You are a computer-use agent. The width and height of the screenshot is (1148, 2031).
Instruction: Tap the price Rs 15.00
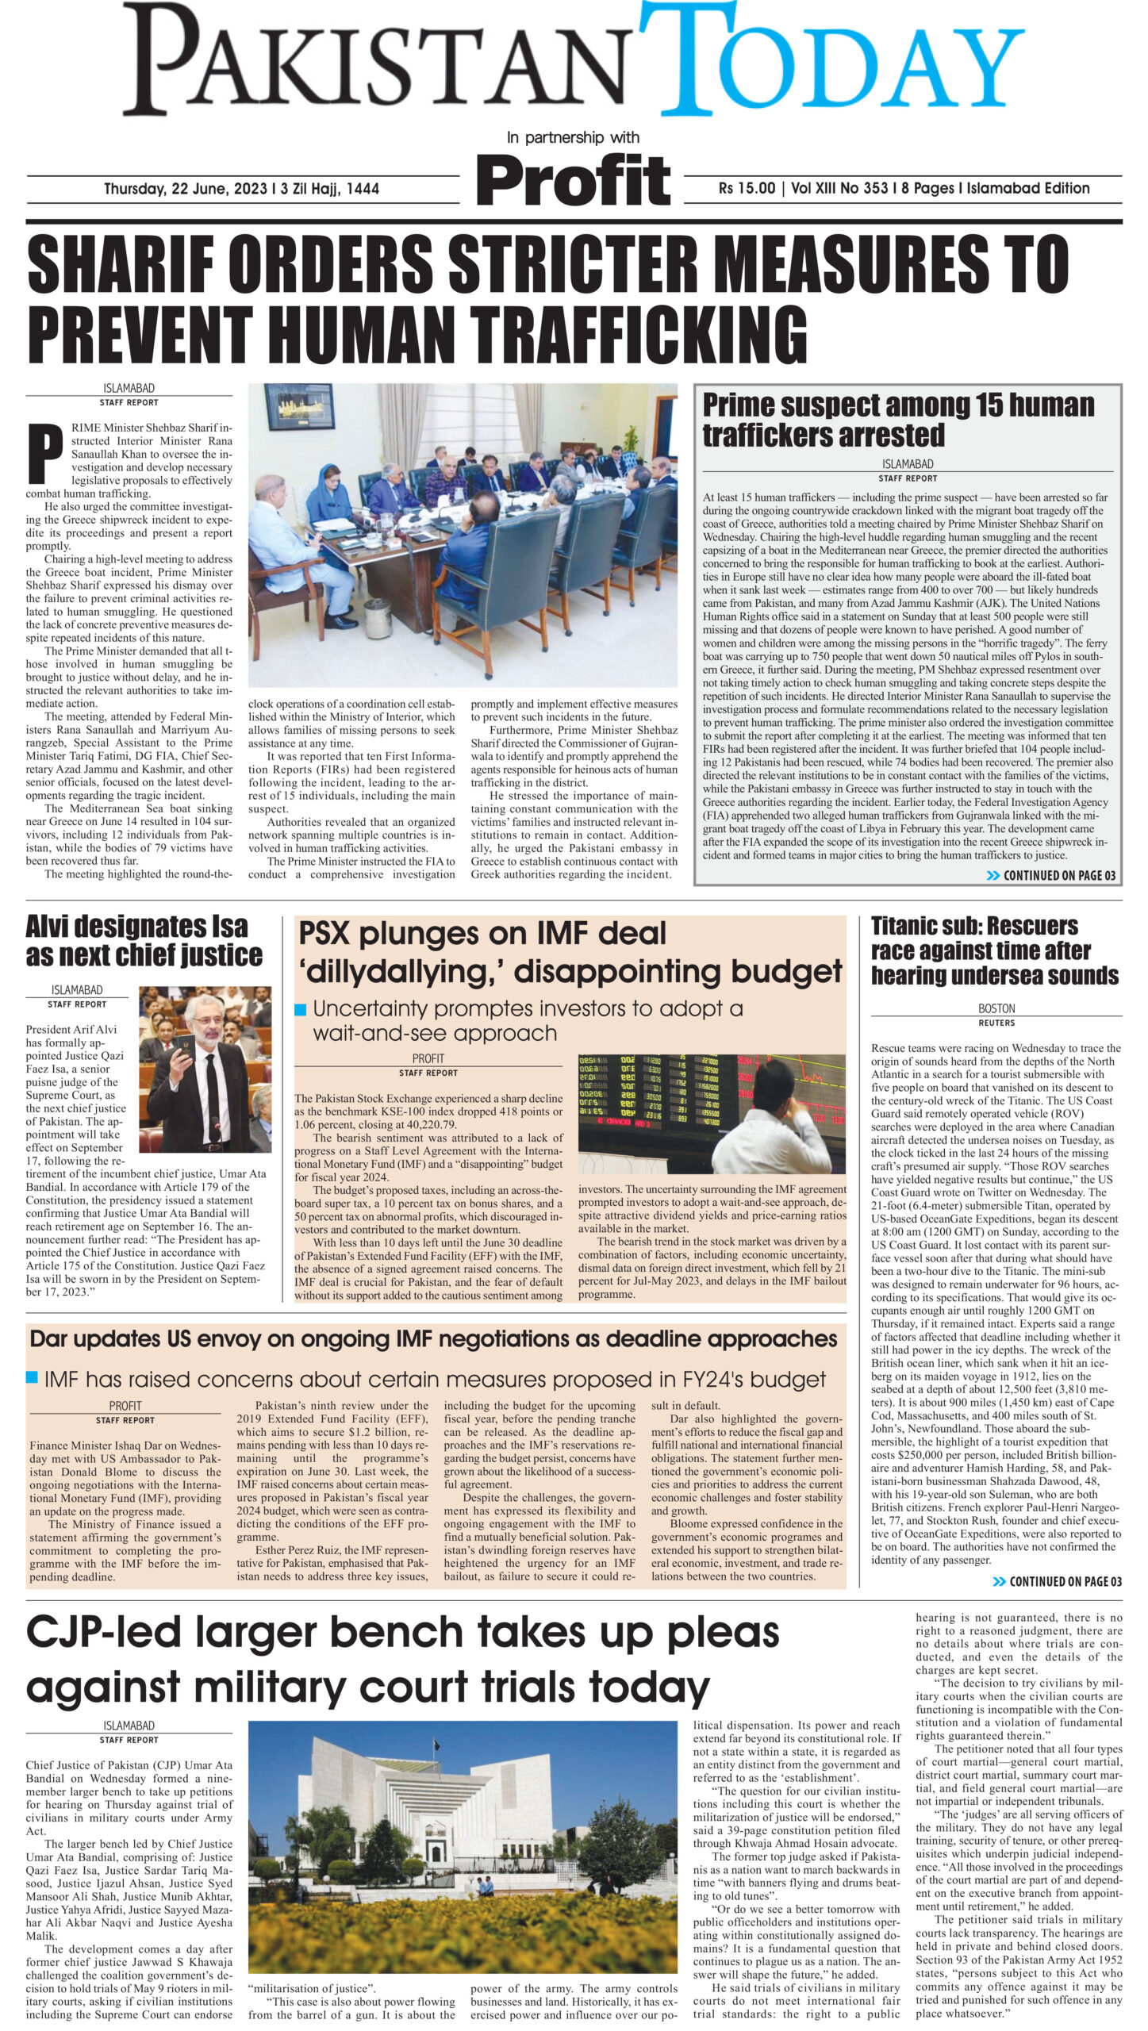[x=747, y=189]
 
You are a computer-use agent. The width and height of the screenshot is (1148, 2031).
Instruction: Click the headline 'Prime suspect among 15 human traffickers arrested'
[x=898, y=420]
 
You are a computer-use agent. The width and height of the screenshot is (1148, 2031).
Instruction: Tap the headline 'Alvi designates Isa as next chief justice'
[x=144, y=940]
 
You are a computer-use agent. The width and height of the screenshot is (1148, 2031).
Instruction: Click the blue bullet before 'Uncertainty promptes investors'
[x=301, y=1009]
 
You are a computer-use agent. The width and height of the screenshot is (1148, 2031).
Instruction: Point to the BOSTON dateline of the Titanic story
[x=996, y=1008]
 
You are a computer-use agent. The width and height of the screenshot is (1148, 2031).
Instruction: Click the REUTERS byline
[x=996, y=1023]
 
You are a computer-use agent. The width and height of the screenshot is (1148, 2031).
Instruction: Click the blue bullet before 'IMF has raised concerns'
[x=33, y=1377]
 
